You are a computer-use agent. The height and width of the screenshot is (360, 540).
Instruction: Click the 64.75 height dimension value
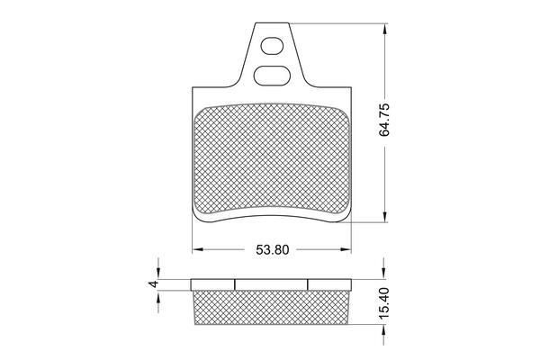(384, 120)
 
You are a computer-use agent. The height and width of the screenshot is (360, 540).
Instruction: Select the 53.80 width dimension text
(272, 250)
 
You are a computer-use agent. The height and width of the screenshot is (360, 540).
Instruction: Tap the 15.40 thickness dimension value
(384, 302)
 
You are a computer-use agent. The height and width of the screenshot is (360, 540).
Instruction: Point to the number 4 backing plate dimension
(154, 284)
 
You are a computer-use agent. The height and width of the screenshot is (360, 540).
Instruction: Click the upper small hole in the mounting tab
(272, 46)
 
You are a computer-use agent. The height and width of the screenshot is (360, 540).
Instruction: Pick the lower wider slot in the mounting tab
(271, 76)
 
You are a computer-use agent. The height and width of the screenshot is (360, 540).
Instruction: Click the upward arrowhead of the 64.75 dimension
(384, 29)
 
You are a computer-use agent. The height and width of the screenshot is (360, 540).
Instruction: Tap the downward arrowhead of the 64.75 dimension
(384, 216)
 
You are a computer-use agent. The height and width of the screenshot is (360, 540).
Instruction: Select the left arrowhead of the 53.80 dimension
(197, 249)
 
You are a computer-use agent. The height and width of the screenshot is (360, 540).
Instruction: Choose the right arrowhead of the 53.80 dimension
(346, 249)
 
